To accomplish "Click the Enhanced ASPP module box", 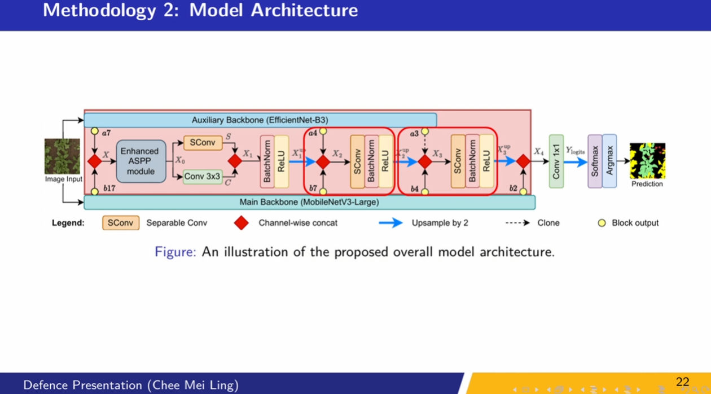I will point(141,161).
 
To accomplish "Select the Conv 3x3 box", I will point(202,177).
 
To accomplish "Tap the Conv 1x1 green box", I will point(556,161).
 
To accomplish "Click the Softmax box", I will point(595,161).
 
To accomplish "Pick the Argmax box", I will point(609,161).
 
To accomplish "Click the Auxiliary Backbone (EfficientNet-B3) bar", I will point(260,120).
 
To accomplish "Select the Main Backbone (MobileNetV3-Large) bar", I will point(309,202).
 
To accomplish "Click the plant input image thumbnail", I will point(62,156).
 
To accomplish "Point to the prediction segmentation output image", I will point(647,161).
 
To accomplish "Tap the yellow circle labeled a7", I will point(95,132).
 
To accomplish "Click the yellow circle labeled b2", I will point(524,191).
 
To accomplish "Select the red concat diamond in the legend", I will point(242,223).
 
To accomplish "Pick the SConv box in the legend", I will point(121,223).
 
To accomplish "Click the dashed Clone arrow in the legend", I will point(517,223).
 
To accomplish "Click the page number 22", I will point(682,382).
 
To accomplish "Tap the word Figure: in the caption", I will point(175,252).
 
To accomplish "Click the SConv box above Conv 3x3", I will point(202,143).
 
